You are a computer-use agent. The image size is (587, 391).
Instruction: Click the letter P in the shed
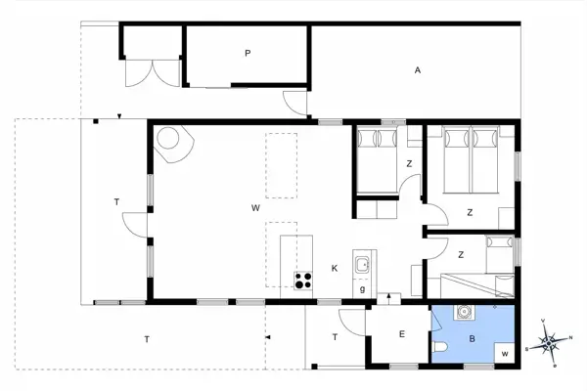click(248, 54)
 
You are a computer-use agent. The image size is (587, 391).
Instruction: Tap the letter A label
click(417, 70)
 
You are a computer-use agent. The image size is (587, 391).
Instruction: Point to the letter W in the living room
click(253, 208)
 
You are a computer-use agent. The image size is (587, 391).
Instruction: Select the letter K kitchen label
click(335, 268)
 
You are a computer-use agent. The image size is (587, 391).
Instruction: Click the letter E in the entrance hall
click(401, 334)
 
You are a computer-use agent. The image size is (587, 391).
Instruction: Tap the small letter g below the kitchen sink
click(362, 288)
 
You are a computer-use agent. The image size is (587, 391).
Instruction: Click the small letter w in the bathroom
click(505, 353)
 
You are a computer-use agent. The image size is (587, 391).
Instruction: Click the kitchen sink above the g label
click(363, 263)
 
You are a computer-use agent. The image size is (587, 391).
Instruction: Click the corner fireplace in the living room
click(174, 142)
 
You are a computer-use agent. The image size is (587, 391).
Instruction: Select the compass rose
click(550, 342)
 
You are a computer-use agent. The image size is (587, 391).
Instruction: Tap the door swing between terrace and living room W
click(134, 227)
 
